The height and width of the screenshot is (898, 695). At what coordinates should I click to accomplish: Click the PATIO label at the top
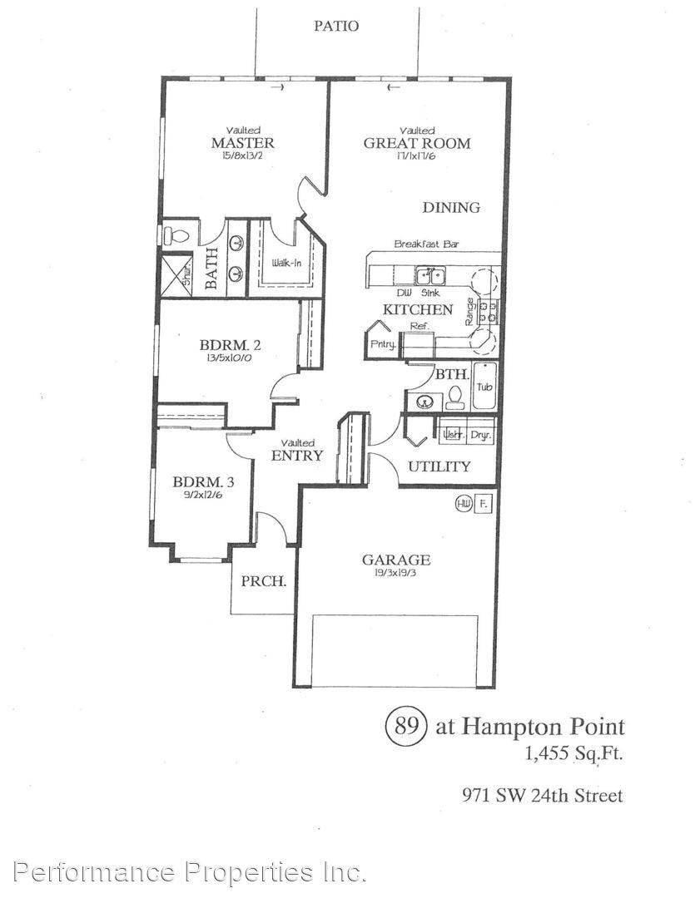(x=336, y=26)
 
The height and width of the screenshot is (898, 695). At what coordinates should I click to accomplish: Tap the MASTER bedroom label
(x=242, y=143)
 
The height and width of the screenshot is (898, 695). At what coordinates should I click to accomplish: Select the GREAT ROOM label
(x=416, y=143)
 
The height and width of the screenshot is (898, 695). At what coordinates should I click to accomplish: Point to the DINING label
(x=451, y=208)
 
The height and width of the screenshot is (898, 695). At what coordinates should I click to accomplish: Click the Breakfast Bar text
(x=427, y=244)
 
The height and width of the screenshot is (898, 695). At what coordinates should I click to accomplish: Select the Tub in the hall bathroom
(x=484, y=387)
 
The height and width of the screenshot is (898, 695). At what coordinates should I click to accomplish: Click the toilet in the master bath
(x=176, y=235)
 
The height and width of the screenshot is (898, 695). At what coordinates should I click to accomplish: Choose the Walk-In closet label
(x=287, y=264)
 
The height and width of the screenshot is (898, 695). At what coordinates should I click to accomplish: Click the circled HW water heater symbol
(x=463, y=504)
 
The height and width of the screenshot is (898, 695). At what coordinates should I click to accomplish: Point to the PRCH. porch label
(x=264, y=582)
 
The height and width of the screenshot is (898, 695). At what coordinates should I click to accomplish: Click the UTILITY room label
(x=439, y=466)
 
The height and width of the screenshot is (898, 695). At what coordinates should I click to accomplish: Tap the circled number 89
(x=405, y=726)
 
